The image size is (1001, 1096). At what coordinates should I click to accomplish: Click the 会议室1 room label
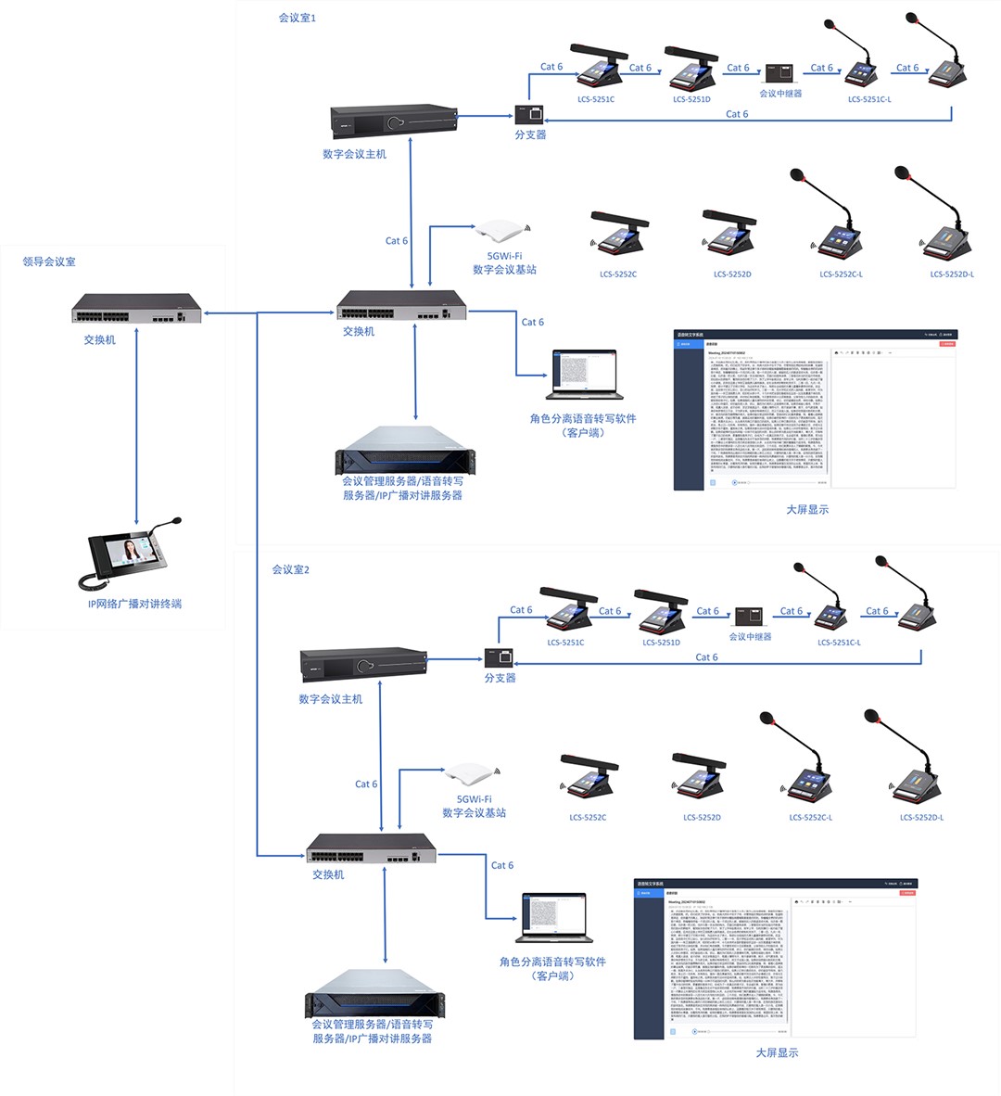click(298, 18)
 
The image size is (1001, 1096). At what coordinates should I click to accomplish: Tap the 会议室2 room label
click(290, 569)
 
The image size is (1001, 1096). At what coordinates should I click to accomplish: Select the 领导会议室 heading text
click(49, 262)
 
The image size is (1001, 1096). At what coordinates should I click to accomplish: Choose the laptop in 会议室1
click(584, 375)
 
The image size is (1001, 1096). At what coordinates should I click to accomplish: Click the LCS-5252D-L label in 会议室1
click(952, 274)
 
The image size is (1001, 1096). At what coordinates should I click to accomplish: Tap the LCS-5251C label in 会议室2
click(565, 643)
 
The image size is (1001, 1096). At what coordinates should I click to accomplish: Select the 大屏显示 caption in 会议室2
click(777, 1052)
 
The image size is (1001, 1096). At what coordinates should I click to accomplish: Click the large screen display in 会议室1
click(815, 409)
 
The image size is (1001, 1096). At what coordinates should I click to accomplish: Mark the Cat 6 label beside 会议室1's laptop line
click(533, 323)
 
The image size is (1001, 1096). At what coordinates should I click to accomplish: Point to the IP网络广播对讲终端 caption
click(134, 604)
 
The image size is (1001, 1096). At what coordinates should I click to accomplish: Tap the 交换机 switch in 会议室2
click(371, 847)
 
